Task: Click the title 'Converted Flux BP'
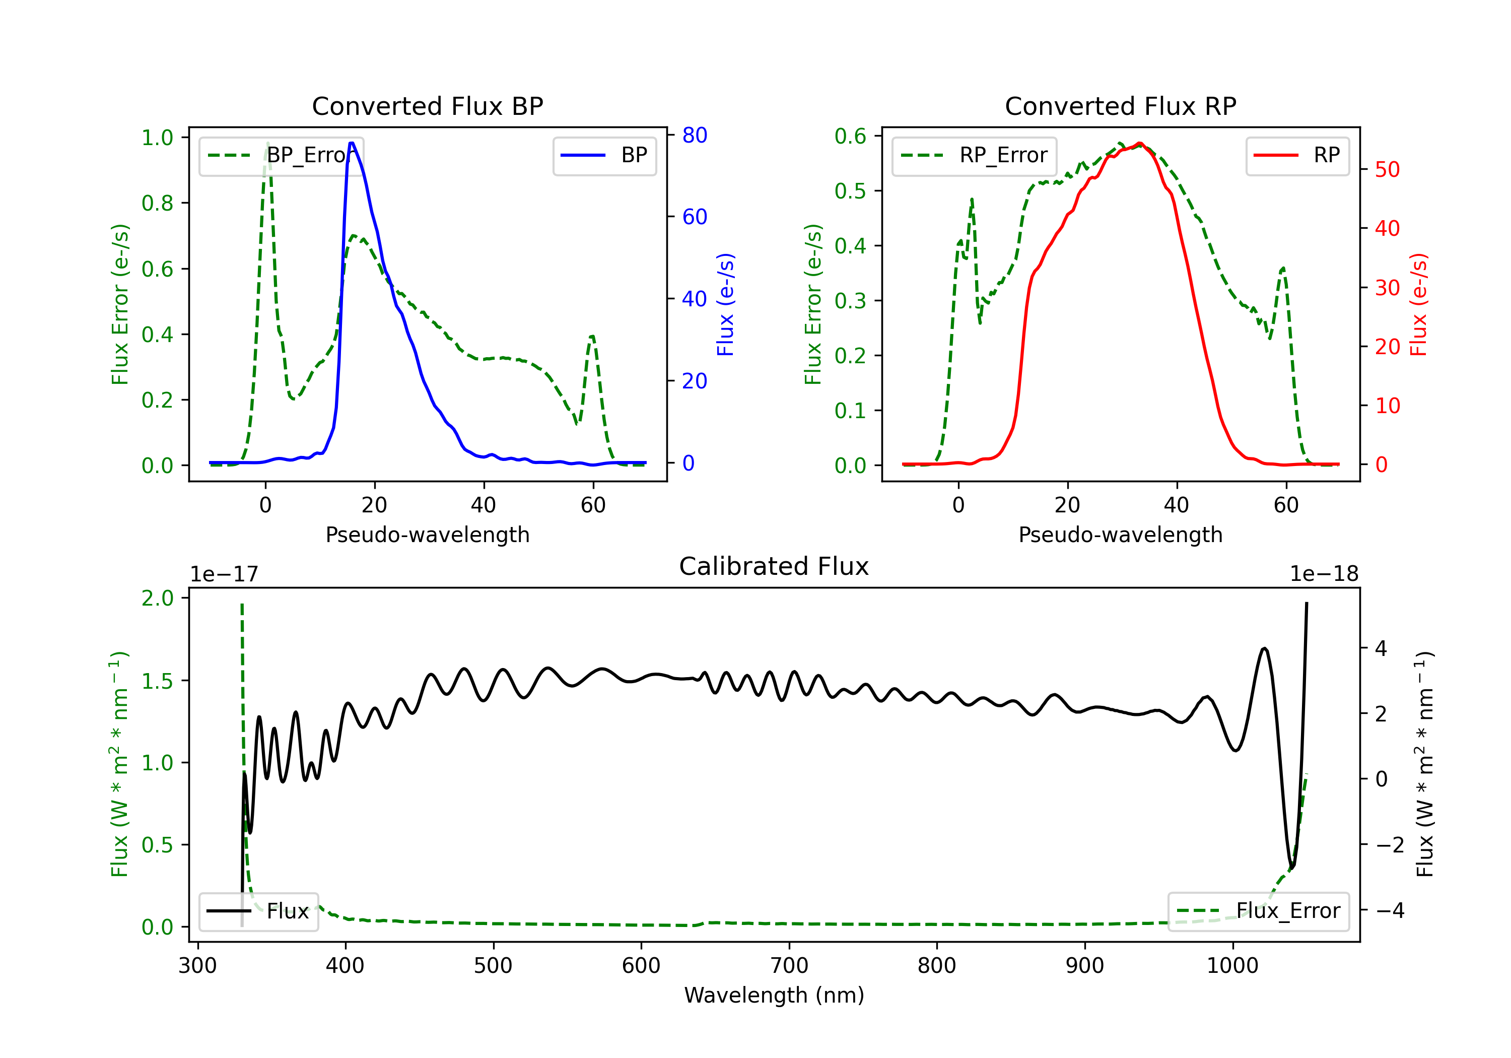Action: [x=427, y=106]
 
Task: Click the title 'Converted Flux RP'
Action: [x=1120, y=106]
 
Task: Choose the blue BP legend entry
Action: [x=604, y=155]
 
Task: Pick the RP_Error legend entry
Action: [x=974, y=155]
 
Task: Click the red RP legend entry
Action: [x=1297, y=155]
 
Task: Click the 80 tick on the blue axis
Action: [x=694, y=135]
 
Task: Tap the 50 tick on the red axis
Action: [x=1387, y=169]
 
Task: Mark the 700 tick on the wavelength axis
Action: [x=789, y=966]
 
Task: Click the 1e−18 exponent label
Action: [x=1324, y=573]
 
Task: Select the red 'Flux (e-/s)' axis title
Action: [x=1419, y=304]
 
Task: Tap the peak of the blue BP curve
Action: [x=352, y=143]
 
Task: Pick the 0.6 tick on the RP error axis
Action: [x=850, y=137]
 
